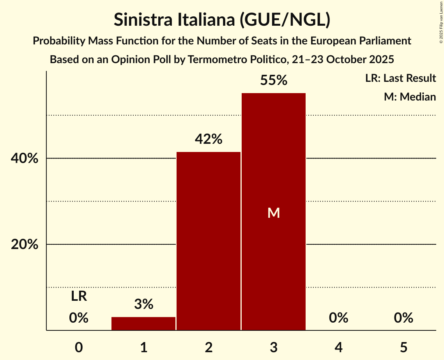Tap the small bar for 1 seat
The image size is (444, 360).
point(143,324)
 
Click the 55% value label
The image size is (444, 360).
point(274,81)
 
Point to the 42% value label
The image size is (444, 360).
point(209,139)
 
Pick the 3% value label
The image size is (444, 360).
point(143,304)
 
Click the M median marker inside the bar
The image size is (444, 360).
point(274,213)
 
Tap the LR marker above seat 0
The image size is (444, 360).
point(79,296)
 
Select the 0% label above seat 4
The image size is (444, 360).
point(338,318)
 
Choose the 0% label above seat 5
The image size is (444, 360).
point(403,318)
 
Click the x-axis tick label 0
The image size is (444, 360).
point(79,347)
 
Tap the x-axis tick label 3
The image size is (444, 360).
point(274,347)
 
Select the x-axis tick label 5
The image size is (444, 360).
point(403,347)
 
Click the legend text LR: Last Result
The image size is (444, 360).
point(400,78)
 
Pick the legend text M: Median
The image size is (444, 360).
point(410,97)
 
